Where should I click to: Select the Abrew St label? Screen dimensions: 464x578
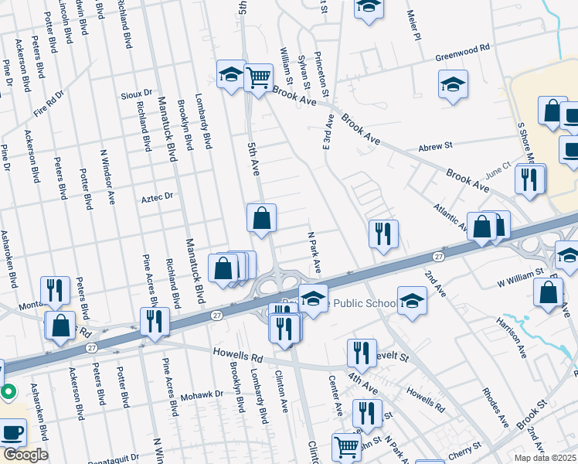point(434,145)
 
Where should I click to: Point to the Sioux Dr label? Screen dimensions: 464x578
point(137,95)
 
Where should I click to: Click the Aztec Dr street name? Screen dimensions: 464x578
point(157,198)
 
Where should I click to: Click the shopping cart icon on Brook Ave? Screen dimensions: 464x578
point(259,77)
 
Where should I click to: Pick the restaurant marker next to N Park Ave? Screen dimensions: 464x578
point(383,234)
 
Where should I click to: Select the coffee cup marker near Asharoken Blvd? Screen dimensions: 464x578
point(13,432)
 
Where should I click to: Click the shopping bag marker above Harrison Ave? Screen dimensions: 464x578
point(548,293)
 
